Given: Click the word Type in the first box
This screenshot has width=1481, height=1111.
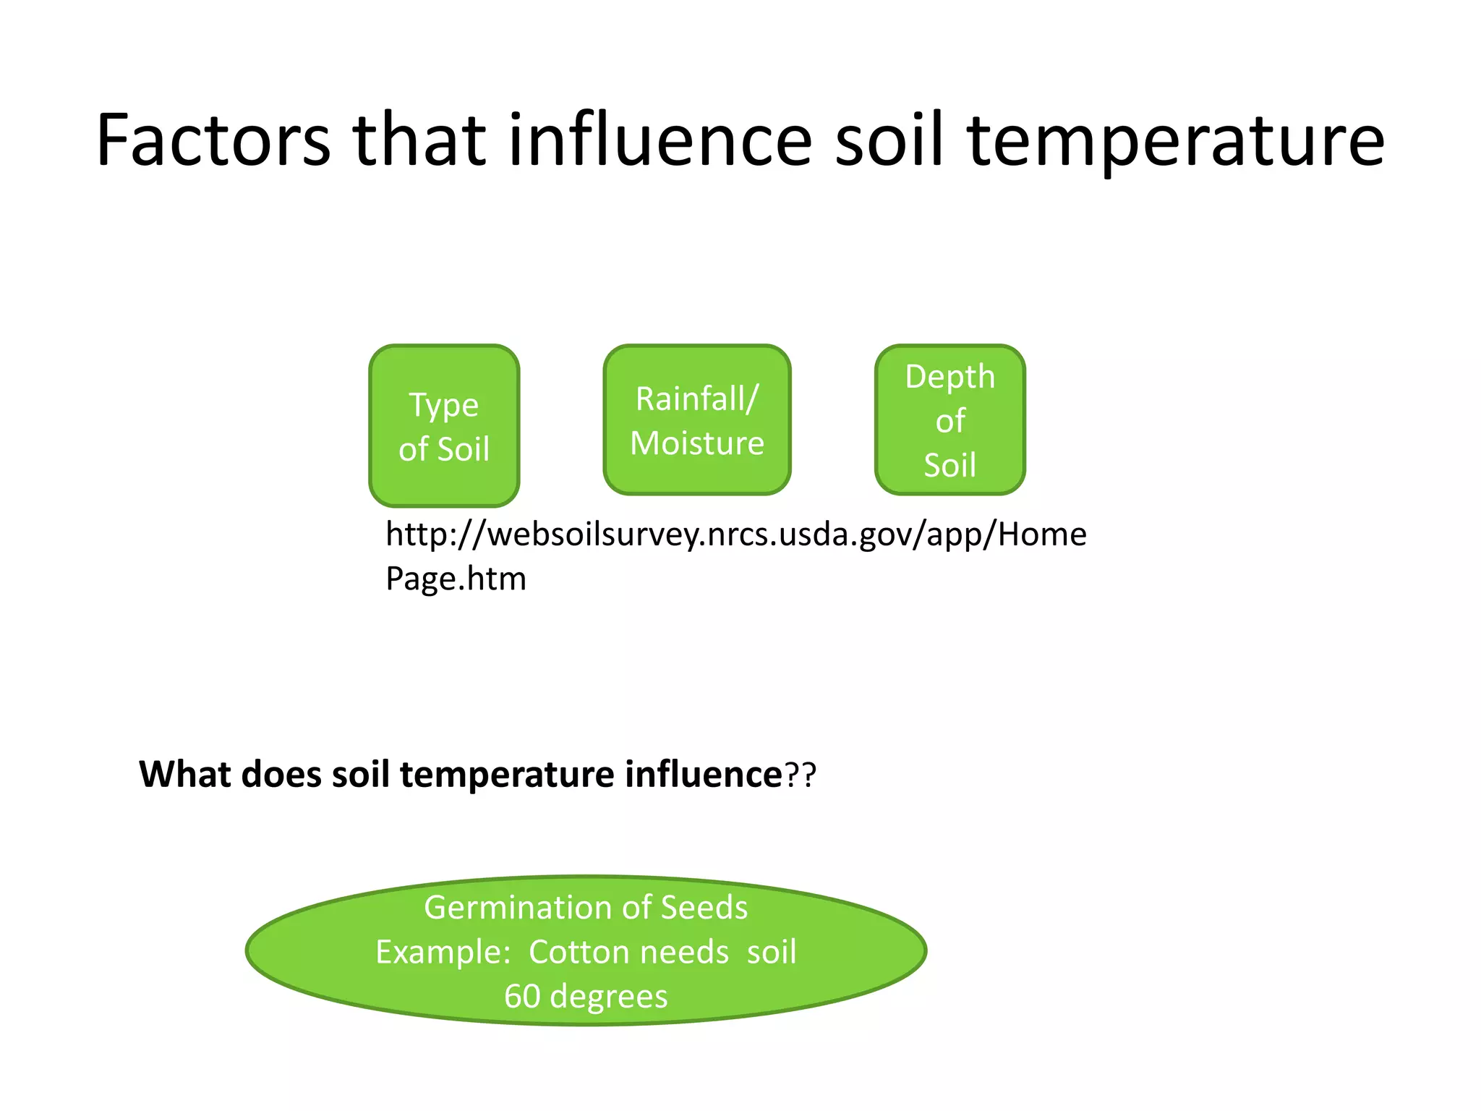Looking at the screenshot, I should click(444, 405).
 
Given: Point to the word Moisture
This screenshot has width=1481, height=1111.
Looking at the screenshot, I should click(696, 443).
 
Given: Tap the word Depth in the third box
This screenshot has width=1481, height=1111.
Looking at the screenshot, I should click(949, 377).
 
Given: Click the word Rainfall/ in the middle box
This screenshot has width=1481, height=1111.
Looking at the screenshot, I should click(696, 399).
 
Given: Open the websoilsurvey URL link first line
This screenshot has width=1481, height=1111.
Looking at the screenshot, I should click(735, 535).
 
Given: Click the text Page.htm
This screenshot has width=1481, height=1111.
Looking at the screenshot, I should click(456, 579).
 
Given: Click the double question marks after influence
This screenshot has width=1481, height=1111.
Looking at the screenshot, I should click(801, 775).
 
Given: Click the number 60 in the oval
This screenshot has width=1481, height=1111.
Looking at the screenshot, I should click(522, 996).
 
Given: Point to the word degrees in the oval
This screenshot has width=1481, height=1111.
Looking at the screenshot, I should click(608, 997).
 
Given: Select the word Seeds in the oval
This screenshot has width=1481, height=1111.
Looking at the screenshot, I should click(704, 908).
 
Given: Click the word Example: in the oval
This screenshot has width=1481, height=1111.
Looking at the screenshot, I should click(443, 952).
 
